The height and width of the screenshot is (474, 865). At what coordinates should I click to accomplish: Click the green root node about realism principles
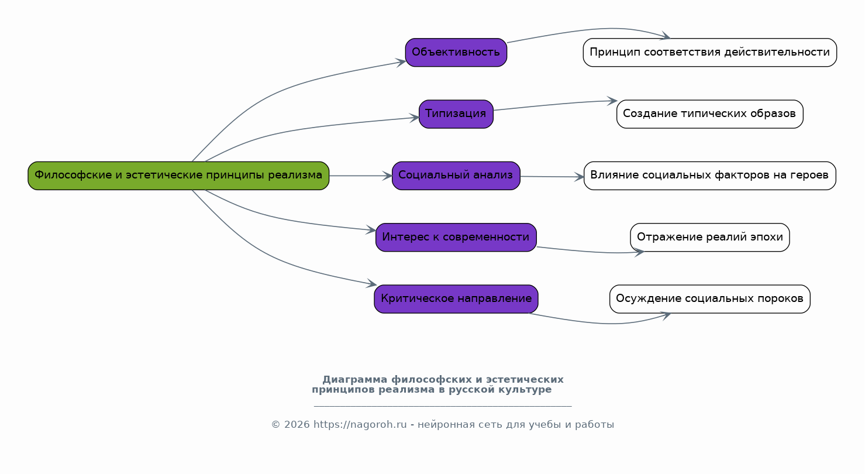click(178, 176)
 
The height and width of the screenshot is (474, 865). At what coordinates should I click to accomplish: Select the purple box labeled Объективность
click(456, 53)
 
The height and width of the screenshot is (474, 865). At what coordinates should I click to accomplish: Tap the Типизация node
click(456, 114)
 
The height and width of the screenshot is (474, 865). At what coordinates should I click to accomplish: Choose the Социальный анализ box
click(456, 176)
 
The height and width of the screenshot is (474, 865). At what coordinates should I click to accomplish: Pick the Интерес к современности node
click(456, 237)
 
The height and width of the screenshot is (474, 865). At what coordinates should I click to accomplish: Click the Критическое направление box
click(456, 299)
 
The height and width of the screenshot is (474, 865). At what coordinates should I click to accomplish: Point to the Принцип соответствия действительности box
click(710, 53)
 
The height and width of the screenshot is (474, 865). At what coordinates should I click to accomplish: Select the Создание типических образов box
click(710, 114)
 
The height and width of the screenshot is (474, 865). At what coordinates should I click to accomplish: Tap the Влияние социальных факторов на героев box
click(710, 176)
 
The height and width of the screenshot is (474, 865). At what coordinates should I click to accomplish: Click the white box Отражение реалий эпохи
click(710, 237)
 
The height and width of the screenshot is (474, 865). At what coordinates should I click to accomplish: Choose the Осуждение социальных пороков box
click(710, 299)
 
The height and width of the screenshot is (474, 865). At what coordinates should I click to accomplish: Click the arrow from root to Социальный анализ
click(361, 176)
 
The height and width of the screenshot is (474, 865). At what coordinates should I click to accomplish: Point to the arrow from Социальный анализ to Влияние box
click(552, 177)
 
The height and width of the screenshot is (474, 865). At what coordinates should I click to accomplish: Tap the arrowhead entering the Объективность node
click(401, 63)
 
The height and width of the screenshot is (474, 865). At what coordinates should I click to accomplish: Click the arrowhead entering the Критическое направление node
click(371, 284)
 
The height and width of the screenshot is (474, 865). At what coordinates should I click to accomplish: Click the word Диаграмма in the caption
click(355, 379)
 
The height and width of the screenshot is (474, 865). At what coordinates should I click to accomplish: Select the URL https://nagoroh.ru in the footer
click(360, 425)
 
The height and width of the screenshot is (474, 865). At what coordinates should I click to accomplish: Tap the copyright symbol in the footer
click(275, 425)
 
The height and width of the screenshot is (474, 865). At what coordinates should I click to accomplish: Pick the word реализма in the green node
click(295, 175)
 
